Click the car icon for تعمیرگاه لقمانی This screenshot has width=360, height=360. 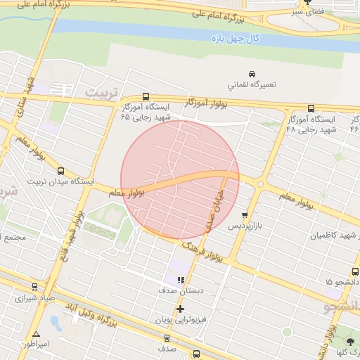pyautogui.click(x=252, y=74)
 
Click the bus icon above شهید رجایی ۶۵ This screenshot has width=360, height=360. pyautogui.click(x=146, y=96)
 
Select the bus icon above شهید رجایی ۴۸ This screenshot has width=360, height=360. pyautogui.click(x=311, y=109)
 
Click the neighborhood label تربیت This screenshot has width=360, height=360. pyautogui.click(x=99, y=92)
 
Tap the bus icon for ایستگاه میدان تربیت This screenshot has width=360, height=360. pyautogui.click(x=60, y=171)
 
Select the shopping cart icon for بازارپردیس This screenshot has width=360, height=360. pyautogui.click(x=245, y=216)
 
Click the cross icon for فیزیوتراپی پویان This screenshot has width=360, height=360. pyautogui.click(x=181, y=309)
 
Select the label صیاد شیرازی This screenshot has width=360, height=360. pyautogui.click(x=30, y=297)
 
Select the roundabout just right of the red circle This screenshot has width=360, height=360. pyautogui.click(x=260, y=184)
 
